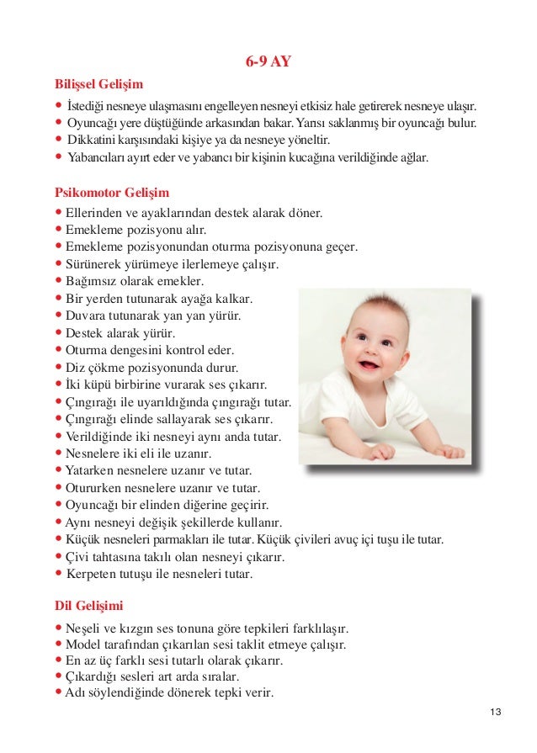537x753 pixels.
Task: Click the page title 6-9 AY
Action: coord(268,61)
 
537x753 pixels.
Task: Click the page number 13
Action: coord(494,713)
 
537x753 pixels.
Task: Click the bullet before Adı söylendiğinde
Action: coord(58,694)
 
